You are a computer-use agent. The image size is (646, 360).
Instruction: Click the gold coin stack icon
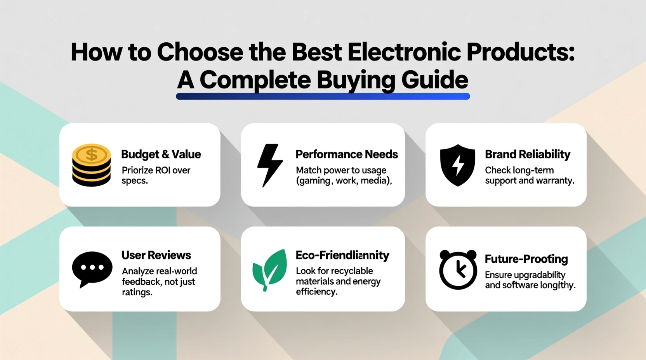point(92,165)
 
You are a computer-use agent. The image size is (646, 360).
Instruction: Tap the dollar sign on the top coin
point(92,155)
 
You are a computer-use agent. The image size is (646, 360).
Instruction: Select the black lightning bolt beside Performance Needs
point(270,165)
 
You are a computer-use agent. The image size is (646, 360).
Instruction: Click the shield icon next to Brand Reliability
point(457,165)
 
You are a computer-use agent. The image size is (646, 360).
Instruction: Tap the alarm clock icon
point(458,270)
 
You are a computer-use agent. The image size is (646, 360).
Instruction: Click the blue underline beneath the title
point(323,96)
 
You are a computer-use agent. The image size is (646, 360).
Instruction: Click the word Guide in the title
point(434,80)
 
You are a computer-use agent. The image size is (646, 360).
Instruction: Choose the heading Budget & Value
point(161,154)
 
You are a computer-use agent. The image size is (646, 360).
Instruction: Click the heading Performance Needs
point(346,154)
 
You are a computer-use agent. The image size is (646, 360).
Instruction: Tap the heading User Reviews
point(156,255)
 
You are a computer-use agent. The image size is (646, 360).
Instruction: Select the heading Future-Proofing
point(526,259)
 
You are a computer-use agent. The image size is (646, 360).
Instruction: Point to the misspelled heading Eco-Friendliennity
point(342,255)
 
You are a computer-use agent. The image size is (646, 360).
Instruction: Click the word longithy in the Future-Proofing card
point(556,285)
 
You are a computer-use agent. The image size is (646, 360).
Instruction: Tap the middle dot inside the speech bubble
point(92,267)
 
